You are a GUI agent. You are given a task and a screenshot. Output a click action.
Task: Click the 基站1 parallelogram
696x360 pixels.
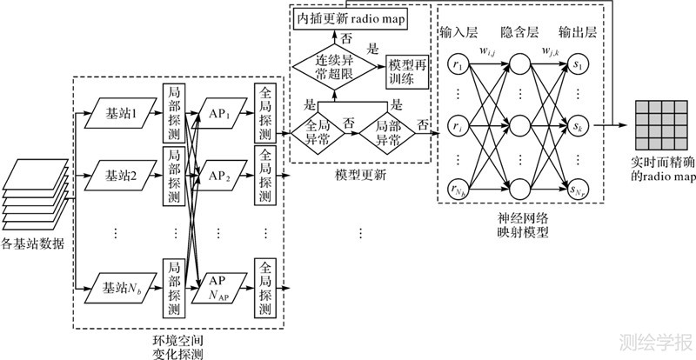pos(122,113)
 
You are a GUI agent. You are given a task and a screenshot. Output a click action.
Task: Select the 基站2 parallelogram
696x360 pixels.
pos(122,176)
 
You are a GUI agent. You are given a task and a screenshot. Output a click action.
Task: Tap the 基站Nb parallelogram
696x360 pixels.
pos(122,286)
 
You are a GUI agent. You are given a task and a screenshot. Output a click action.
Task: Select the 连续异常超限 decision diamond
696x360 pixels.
pos(327,63)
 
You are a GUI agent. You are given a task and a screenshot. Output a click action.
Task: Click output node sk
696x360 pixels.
pos(577,127)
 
